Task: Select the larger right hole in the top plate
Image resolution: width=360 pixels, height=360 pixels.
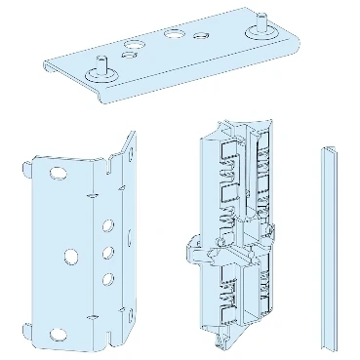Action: click(x=173, y=34)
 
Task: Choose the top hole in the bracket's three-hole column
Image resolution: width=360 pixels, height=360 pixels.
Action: click(x=106, y=235)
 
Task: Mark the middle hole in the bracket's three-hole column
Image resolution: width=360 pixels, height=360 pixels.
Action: click(x=106, y=258)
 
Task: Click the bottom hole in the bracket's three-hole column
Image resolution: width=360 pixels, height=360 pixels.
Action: click(x=106, y=281)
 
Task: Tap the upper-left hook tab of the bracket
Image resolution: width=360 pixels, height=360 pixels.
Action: click(x=26, y=173)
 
